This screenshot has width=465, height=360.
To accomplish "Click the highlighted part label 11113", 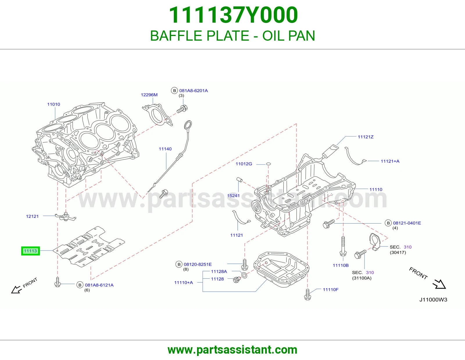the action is tap(31, 251).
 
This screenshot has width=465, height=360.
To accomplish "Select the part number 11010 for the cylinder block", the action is tap(53, 104).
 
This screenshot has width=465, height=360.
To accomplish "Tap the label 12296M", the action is tap(149, 95).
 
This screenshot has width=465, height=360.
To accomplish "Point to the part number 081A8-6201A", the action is tap(194, 91).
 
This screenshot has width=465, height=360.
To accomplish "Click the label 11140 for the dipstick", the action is tap(165, 149).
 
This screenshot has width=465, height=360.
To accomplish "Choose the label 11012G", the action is tap(244, 164).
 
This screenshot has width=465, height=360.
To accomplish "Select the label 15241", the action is tap(233, 196).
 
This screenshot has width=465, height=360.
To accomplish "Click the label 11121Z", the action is tap(366, 137).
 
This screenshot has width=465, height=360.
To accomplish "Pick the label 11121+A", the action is tap(390, 161).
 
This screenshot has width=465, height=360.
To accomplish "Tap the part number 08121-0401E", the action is tap(407, 223).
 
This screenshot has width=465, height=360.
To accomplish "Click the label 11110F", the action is tap(331, 289).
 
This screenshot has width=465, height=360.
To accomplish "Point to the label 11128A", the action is tap(219, 271).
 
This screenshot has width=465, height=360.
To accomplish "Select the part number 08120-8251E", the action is tap(198, 264).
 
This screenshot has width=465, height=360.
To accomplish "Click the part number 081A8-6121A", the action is tap(99, 285).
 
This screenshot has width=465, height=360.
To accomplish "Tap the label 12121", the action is tap(32, 216).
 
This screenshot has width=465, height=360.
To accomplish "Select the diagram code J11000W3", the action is tap(433, 300).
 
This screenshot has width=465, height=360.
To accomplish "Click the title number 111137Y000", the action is tap(233, 15).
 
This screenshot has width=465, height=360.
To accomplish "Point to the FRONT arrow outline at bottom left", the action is tap(17, 289).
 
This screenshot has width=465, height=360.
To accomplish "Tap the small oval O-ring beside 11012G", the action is tap(268, 164).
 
